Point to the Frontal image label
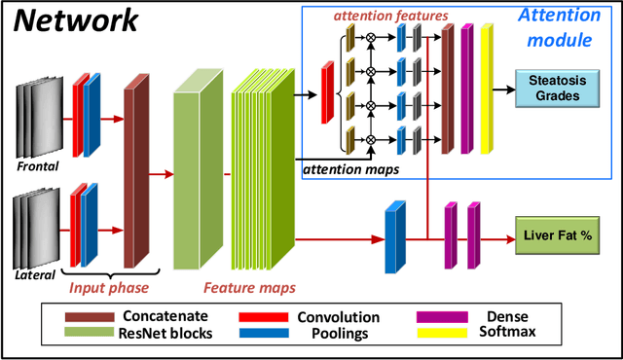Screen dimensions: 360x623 pos(38,166)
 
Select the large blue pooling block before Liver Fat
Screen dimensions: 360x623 pos(393,237)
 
